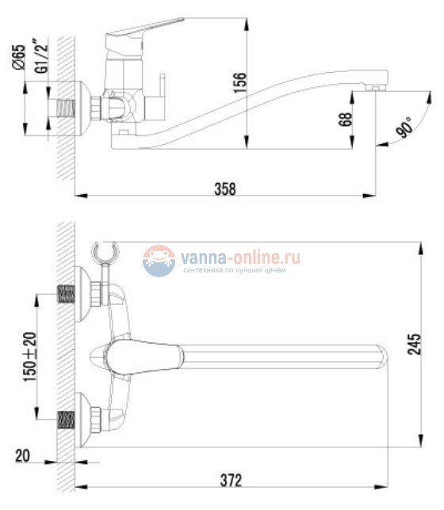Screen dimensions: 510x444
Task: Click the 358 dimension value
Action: coord(226,188)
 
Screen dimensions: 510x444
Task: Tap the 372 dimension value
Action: coord(229,480)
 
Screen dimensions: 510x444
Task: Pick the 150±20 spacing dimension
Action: coord(29,357)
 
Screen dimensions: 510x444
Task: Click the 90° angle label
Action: coord(404,127)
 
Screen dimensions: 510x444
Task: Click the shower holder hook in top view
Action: coord(105,253)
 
